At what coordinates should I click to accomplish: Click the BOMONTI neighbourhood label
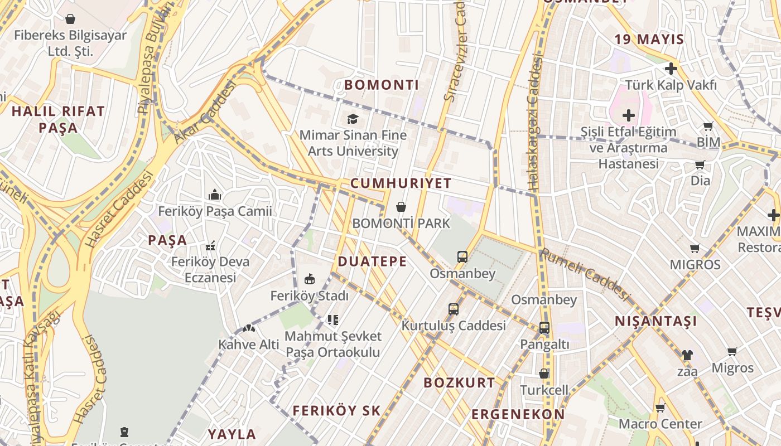pyautogui.click(x=381, y=85)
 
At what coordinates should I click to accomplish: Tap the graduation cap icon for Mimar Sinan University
pyautogui.click(x=353, y=118)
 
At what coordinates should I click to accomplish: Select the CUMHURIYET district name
pyautogui.click(x=401, y=183)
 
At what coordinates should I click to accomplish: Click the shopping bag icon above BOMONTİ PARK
pyautogui.click(x=401, y=207)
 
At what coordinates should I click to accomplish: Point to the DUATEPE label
pyautogui.click(x=372, y=262)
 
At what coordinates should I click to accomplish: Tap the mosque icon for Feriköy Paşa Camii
pyautogui.click(x=215, y=195)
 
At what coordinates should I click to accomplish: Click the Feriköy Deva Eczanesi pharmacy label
pyautogui.click(x=210, y=269)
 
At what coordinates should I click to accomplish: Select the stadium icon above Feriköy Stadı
pyautogui.click(x=310, y=279)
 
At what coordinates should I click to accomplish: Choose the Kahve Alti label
pyautogui.click(x=248, y=345)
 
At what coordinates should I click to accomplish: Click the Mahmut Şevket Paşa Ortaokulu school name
pyautogui.click(x=333, y=344)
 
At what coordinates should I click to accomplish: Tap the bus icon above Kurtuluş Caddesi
pyautogui.click(x=454, y=309)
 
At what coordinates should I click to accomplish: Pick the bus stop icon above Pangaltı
pyautogui.click(x=544, y=328)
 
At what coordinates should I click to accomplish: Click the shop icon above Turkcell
pyautogui.click(x=543, y=374)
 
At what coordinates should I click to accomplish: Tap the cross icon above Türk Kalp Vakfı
pyautogui.click(x=671, y=69)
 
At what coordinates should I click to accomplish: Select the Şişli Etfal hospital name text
pyautogui.click(x=628, y=148)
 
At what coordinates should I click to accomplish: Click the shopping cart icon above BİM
pyautogui.click(x=708, y=126)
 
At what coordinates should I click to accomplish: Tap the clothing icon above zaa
pyautogui.click(x=687, y=355)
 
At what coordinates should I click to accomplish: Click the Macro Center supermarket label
pyautogui.click(x=660, y=424)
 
